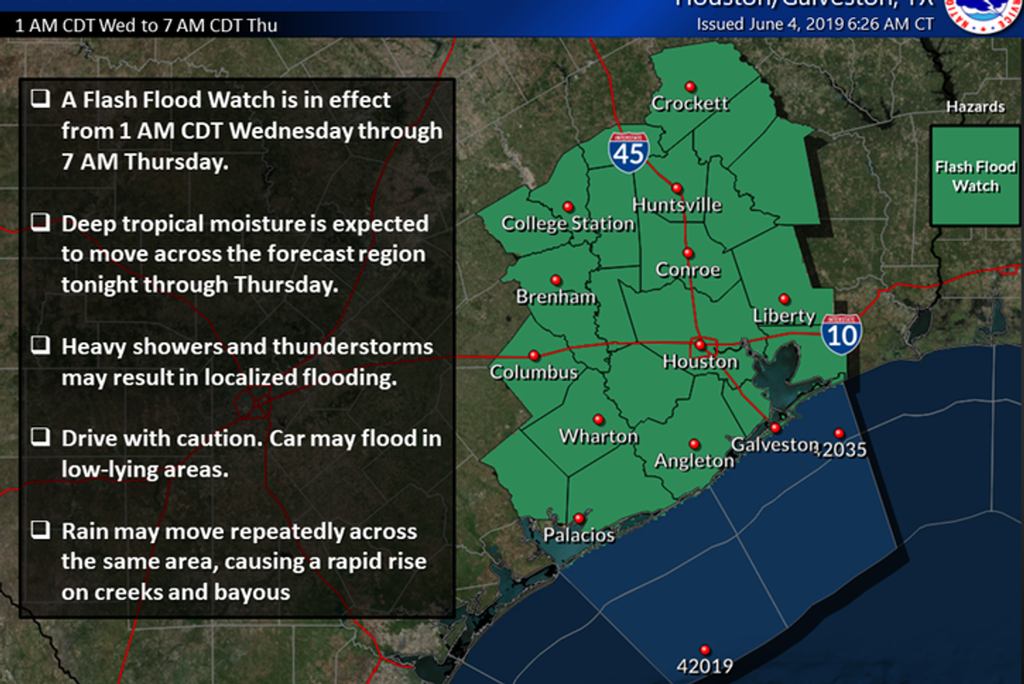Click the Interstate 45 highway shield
(x=628, y=150)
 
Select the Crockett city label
(x=689, y=103)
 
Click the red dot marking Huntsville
(x=677, y=188)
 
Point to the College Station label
(x=567, y=225)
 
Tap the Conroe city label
(x=688, y=271)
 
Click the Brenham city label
(x=556, y=298)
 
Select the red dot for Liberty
(x=784, y=299)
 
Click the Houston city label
(x=700, y=363)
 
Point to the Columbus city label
(x=533, y=373)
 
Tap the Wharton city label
(x=598, y=437)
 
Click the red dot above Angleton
(x=694, y=444)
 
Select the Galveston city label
(x=775, y=445)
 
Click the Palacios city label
(x=579, y=536)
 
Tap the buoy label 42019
(x=704, y=666)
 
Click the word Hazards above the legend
(x=975, y=107)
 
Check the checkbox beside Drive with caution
(x=39, y=438)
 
